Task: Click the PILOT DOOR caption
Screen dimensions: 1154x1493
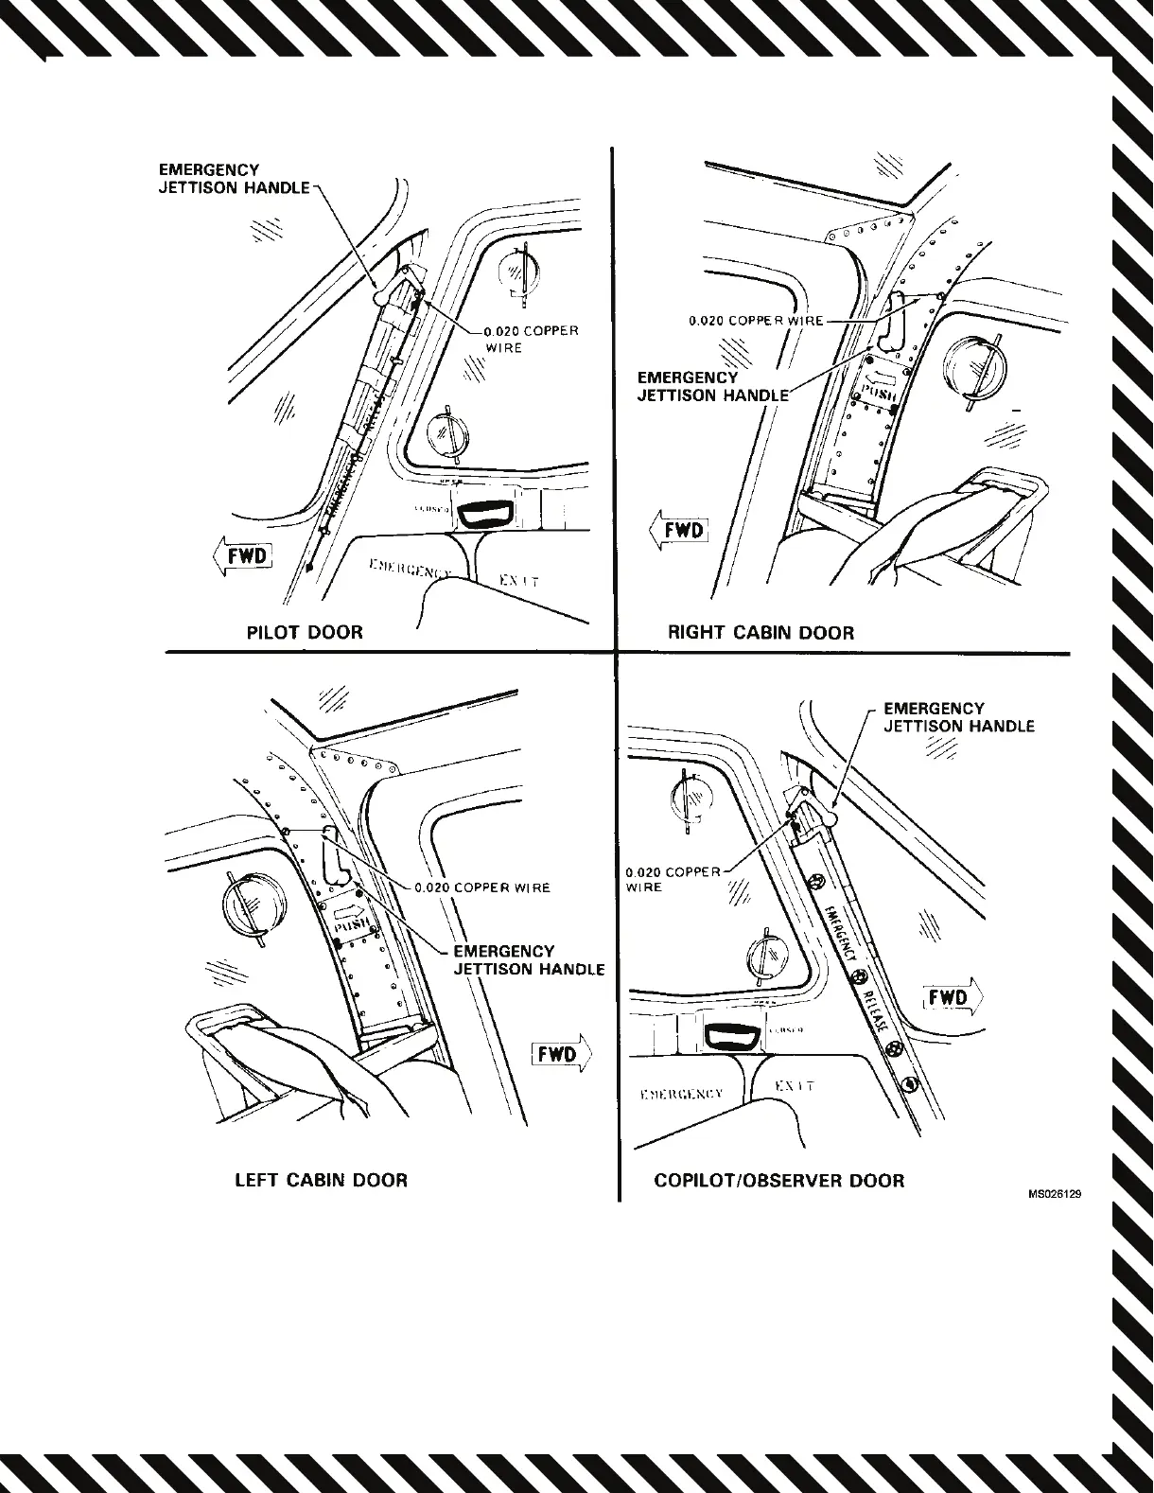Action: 305,632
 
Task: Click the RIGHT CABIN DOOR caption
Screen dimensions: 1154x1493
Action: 761,633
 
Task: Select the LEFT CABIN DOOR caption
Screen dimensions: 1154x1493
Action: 321,1180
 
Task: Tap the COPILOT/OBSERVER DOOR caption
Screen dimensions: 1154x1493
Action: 778,1180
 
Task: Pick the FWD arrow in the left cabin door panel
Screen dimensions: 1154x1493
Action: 562,1053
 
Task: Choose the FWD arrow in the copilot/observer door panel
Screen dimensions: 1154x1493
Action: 953,998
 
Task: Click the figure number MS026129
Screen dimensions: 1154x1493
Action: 1055,1194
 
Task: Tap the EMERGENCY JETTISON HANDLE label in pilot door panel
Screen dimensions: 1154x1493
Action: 234,179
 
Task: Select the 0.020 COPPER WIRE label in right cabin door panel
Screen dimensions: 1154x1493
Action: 756,321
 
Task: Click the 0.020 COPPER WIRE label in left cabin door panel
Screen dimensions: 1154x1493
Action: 482,887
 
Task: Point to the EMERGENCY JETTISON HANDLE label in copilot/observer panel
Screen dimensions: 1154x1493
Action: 958,717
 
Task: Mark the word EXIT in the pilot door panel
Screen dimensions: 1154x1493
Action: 518,579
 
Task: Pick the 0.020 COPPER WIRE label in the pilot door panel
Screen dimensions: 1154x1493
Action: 530,339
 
